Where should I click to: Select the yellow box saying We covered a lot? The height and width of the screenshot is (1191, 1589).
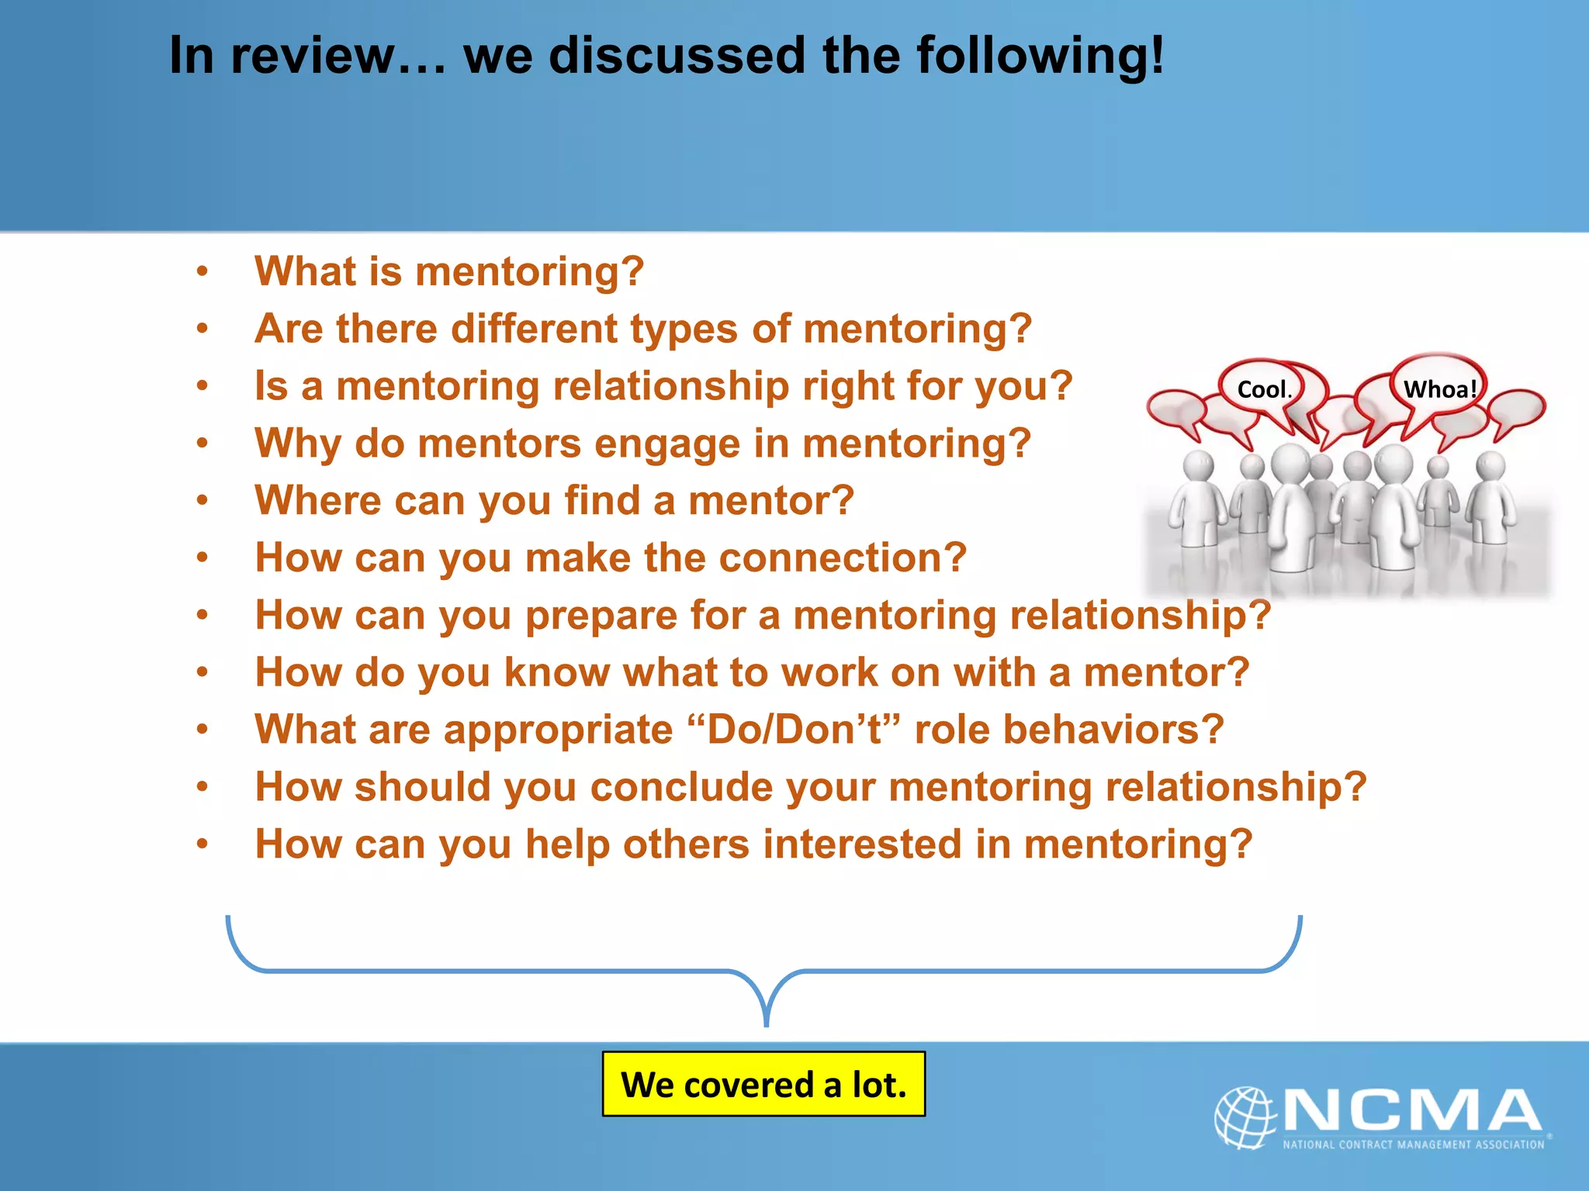763,1084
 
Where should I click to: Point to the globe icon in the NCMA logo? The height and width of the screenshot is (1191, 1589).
1245,1117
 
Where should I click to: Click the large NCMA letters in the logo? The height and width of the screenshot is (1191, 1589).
1412,1110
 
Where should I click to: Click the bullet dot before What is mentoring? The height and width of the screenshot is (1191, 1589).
203,271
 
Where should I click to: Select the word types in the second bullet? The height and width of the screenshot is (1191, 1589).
684,330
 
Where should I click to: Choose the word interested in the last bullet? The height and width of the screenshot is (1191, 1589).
862,844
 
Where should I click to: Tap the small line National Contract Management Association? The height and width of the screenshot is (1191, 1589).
1413,1144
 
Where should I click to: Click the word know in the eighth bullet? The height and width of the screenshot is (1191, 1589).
556,672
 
